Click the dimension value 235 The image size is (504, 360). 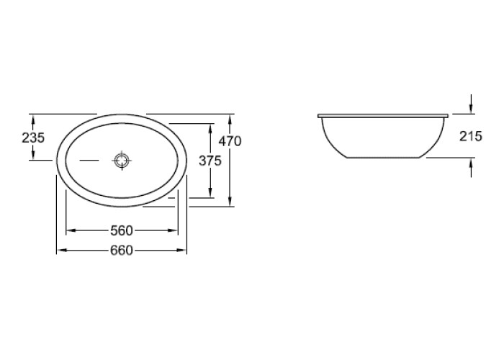33,138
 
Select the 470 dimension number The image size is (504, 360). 230,141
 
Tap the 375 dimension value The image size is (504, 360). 210,161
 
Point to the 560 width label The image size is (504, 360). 122,230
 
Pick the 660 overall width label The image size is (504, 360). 122,250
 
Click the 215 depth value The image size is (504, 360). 471,136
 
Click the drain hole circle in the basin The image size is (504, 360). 122,160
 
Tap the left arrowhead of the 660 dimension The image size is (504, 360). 62,250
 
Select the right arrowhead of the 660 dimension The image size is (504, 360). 181,250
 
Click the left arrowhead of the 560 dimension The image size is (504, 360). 71,230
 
